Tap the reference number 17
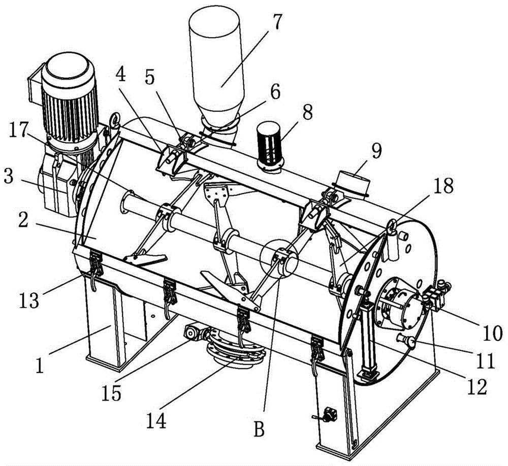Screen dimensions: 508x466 click(x=18, y=130)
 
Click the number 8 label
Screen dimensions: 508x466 click(x=307, y=112)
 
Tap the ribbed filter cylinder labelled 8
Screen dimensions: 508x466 click(x=270, y=146)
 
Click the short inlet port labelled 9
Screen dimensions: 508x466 click(x=353, y=185)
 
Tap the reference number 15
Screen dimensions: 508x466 click(x=111, y=393)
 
